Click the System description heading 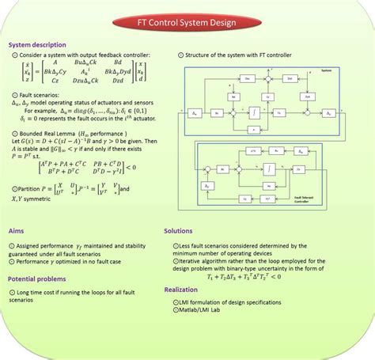38,45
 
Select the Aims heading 17,231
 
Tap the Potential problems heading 38,279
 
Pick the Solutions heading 178,231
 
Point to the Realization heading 181,290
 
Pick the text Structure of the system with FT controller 238,55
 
